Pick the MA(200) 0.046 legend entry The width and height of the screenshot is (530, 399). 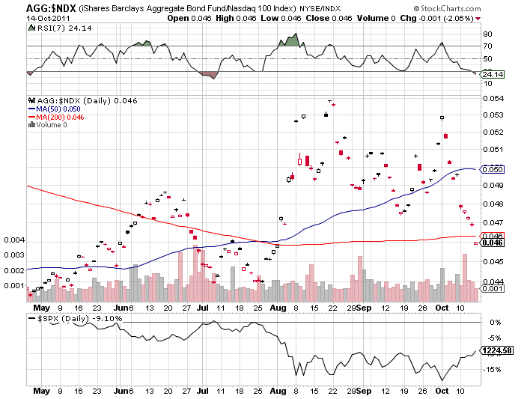pyautogui.click(x=53, y=117)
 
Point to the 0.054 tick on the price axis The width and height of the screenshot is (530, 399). pyautogui.click(x=491, y=98)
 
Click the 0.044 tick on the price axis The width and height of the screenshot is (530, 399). pyautogui.click(x=491, y=280)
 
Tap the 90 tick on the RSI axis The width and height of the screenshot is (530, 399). pyautogui.click(x=487, y=34)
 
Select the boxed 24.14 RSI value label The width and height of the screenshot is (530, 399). pyautogui.click(x=491, y=74)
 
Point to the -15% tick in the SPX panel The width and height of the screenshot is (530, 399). pyautogui.click(x=493, y=368)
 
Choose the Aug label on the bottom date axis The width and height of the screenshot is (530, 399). pyautogui.click(x=278, y=391)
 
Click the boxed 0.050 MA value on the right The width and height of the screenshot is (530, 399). pyautogui.click(x=491, y=169)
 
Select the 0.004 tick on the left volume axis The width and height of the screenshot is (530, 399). pyautogui.click(x=13, y=240)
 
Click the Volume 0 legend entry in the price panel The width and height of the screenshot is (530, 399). pyautogui.click(x=49, y=125)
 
